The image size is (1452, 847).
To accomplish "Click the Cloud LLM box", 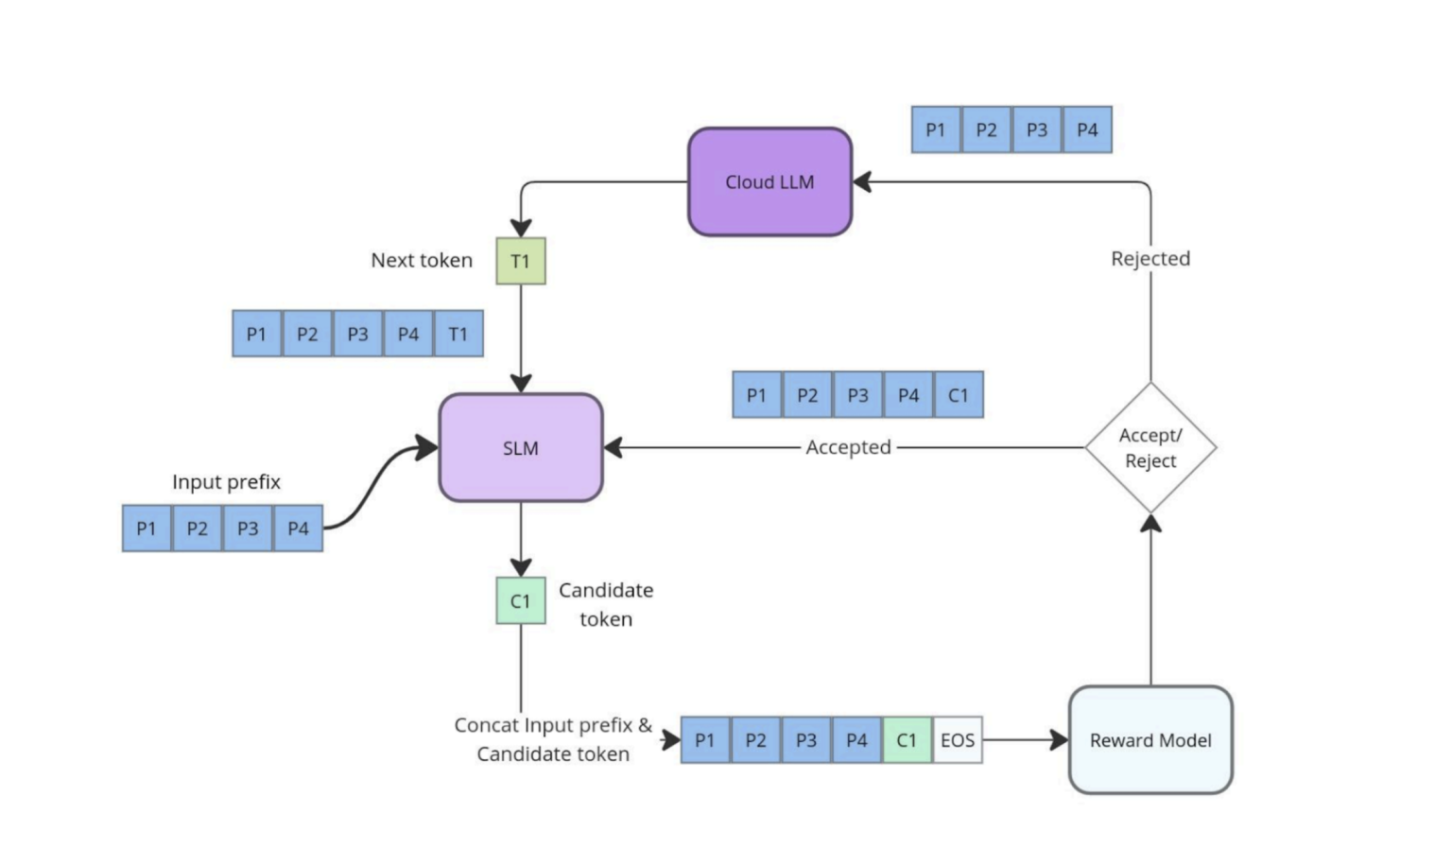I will tap(769, 181).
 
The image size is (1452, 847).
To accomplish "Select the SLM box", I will tap(521, 448).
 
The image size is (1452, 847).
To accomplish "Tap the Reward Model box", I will tap(1150, 740).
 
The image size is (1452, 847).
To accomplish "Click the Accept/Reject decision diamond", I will tap(1150, 448).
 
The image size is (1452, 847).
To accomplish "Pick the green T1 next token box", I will tap(521, 261).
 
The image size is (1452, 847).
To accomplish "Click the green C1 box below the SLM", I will tap(521, 601).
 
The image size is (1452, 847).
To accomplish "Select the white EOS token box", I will tap(958, 740).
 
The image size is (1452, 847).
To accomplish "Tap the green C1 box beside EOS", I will tap(907, 740).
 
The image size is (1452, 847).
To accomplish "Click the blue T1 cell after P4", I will tap(458, 334).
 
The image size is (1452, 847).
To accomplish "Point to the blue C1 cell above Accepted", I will tap(959, 395).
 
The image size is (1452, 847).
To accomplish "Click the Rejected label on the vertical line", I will tap(1150, 259).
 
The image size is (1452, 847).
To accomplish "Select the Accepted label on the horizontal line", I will tap(848, 447).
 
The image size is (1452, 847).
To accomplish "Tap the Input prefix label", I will tap(227, 482).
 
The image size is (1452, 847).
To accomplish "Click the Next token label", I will tap(422, 261).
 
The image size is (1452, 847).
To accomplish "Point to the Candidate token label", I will tap(606, 604).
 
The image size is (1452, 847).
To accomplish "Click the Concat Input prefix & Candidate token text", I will tap(553, 739).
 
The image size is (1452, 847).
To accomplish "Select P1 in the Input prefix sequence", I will tap(147, 528).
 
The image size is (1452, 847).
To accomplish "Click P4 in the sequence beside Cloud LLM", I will tap(1087, 130).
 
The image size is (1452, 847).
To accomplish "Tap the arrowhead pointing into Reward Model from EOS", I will tap(1059, 740).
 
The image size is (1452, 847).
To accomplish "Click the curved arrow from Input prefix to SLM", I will tap(378, 482).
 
